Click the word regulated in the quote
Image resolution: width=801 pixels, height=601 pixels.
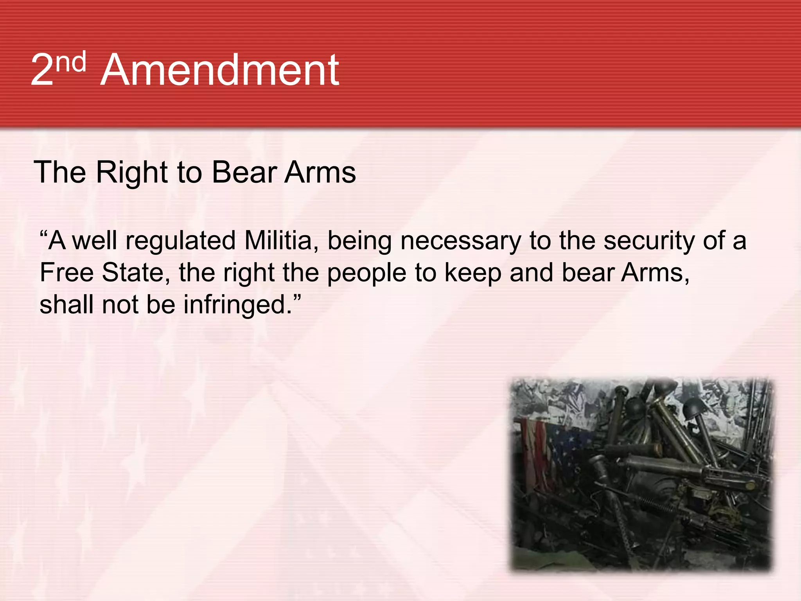click(180, 241)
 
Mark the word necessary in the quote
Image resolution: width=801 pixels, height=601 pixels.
click(460, 241)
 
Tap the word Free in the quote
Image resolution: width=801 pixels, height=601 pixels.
click(66, 273)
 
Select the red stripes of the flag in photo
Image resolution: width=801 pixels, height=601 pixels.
click(536, 450)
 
